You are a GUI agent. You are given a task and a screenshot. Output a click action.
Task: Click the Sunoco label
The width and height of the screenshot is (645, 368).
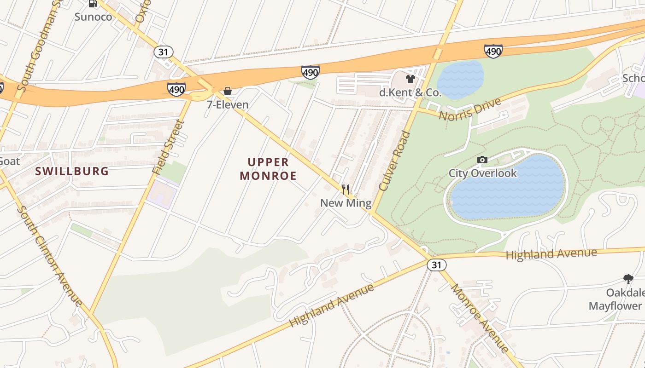93,17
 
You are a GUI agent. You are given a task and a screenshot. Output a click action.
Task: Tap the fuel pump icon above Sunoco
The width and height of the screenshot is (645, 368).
93,4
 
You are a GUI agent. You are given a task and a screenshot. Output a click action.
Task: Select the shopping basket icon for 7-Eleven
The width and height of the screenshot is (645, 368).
228,91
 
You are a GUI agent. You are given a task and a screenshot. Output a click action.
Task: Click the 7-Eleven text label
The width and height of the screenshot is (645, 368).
228,104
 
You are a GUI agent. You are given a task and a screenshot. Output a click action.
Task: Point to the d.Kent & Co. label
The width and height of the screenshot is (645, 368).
410,92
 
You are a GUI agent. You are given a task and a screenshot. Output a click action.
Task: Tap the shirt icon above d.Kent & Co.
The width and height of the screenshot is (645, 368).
410,79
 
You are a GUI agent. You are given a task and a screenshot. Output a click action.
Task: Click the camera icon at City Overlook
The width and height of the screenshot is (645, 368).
482,160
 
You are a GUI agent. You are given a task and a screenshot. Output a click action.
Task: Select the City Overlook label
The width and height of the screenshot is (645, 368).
483,173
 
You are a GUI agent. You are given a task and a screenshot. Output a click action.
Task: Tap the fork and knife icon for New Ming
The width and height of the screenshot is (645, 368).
346,189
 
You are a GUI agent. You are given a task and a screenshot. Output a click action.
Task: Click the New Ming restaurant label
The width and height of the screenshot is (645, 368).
346,203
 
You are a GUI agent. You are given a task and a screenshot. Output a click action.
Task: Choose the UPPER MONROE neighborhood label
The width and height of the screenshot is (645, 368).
268,169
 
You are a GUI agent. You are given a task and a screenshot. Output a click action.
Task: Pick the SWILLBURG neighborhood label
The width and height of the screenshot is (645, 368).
72,172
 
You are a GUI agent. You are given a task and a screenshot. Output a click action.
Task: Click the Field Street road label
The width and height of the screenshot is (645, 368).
169,147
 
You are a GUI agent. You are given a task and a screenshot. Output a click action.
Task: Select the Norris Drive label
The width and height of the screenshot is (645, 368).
469,109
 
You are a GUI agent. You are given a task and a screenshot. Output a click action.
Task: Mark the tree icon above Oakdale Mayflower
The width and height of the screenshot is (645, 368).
628,279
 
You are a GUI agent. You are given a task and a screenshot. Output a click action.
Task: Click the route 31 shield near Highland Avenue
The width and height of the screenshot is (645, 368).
436,265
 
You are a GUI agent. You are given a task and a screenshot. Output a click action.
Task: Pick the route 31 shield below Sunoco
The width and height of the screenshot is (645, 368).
163,52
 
